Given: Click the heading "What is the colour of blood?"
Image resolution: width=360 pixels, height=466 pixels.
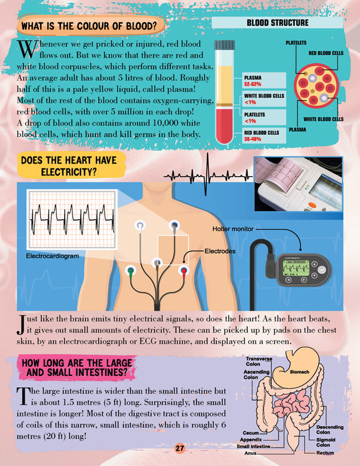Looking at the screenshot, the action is pyautogui.click(x=89, y=26).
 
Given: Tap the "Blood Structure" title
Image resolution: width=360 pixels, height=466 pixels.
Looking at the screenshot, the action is pyautogui.click(x=278, y=23).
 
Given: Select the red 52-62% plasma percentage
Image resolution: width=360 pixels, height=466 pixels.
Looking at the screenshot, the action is pyautogui.click(x=252, y=84).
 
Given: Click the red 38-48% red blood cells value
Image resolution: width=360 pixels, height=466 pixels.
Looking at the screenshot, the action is pyautogui.click(x=252, y=139).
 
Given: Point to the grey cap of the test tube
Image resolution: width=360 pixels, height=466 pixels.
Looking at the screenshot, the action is pyautogui.click(x=225, y=45).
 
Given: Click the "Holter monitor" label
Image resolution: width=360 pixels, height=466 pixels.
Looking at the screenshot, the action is pyautogui.click(x=233, y=229).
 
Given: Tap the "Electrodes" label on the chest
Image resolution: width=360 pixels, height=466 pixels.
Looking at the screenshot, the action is pyautogui.click(x=220, y=251).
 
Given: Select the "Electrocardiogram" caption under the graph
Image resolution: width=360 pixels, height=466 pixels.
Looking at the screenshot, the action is pyautogui.click(x=52, y=256).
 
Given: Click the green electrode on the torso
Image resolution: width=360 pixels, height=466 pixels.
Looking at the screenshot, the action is pyautogui.click(x=131, y=271).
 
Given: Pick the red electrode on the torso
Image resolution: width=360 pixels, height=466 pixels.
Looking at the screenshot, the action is pyautogui.click(x=184, y=271).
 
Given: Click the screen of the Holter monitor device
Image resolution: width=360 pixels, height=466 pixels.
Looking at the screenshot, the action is pyautogui.click(x=295, y=268).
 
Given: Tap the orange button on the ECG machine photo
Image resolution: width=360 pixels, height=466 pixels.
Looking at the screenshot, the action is pyautogui.click(x=312, y=205).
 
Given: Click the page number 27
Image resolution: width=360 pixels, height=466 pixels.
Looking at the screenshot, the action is pyautogui.click(x=179, y=448).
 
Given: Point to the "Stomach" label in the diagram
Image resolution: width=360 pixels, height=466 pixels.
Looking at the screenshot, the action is pyautogui.click(x=299, y=372).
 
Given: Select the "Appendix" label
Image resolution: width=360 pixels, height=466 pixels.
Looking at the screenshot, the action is pyautogui.click(x=251, y=440).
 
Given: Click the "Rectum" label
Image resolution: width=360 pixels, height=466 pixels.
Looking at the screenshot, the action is pyautogui.click(x=325, y=453).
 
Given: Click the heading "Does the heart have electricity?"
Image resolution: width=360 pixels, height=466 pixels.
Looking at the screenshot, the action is pyautogui.click(x=69, y=166).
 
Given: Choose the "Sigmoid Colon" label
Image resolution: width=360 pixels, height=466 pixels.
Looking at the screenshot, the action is pyautogui.click(x=326, y=442).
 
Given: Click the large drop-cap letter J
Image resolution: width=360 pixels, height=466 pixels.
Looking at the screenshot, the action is pyautogui.click(x=20, y=325).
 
